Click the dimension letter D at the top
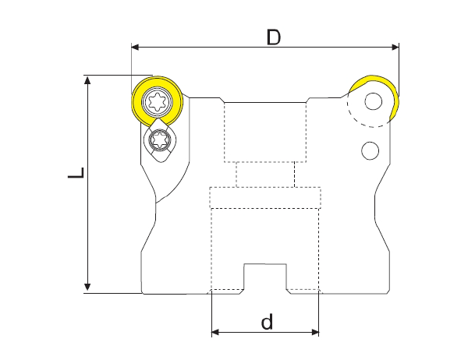pos(273,36)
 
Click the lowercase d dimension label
pos(267,321)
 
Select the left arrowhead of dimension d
pos(216,334)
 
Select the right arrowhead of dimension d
pos(315,334)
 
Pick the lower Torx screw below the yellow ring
pos(161,141)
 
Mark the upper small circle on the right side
pos(374,101)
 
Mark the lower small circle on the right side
pos(370,150)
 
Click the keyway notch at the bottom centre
pos(266,277)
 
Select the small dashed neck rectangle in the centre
pos(265,175)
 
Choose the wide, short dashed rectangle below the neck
pos(265,198)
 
